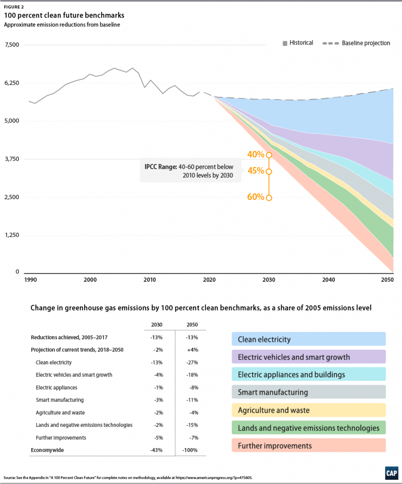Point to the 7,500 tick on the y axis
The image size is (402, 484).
(x=11, y=45)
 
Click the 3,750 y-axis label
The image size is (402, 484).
(x=11, y=159)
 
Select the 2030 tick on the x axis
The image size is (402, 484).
(x=269, y=280)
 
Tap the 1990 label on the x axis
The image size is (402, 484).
(x=30, y=280)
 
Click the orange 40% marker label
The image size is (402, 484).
(x=255, y=155)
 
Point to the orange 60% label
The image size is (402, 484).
(x=255, y=197)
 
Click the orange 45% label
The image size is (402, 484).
(x=255, y=171)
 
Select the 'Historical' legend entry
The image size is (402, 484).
(x=298, y=43)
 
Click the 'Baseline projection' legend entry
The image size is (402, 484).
(x=357, y=43)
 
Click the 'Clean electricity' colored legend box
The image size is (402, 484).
(x=308, y=339)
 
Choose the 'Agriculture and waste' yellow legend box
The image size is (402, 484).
(x=308, y=410)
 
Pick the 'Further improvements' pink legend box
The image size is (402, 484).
(x=308, y=445)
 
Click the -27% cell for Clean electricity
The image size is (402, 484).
(x=190, y=363)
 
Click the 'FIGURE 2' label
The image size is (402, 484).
(x=14, y=7)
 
